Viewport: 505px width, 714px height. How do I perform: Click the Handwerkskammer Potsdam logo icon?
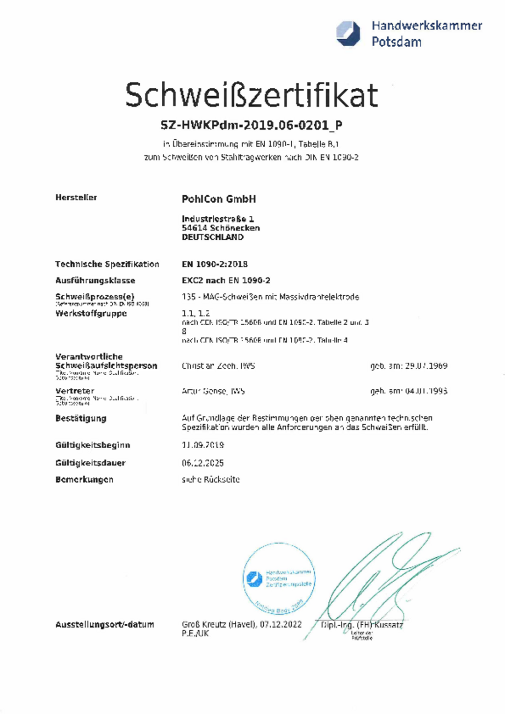pyautogui.click(x=348, y=34)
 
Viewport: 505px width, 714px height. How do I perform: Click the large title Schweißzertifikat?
pyautogui.click(x=251, y=95)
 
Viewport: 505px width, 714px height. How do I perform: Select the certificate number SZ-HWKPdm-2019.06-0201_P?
pyautogui.click(x=251, y=125)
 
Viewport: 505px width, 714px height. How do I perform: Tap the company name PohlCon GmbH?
pyautogui.click(x=219, y=199)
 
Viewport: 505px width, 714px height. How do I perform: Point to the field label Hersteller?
pyautogui.click(x=76, y=197)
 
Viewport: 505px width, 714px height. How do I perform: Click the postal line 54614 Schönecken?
pyautogui.click(x=221, y=228)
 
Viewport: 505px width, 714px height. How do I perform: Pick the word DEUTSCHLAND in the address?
pyautogui.click(x=213, y=237)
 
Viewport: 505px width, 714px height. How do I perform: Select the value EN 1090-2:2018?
pyautogui.click(x=215, y=264)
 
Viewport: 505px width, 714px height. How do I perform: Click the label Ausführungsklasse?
pyautogui.click(x=95, y=280)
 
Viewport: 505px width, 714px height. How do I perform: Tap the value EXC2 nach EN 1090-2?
pyautogui.click(x=226, y=280)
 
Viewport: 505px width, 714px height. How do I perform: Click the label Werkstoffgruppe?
pyautogui.click(x=91, y=313)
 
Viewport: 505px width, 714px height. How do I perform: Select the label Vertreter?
pyautogui.click(x=75, y=391)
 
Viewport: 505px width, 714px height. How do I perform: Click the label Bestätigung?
pyautogui.click(x=81, y=418)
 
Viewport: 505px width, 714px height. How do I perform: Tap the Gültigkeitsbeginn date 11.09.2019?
pyautogui.click(x=203, y=445)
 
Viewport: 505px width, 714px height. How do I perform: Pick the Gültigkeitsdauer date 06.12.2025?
pyautogui.click(x=203, y=463)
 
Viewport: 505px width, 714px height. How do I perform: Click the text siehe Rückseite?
pyautogui.click(x=211, y=479)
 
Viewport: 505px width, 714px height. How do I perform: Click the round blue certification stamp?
pyautogui.click(x=279, y=578)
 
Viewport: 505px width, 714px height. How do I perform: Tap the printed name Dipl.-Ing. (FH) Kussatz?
pyautogui.click(x=362, y=625)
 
